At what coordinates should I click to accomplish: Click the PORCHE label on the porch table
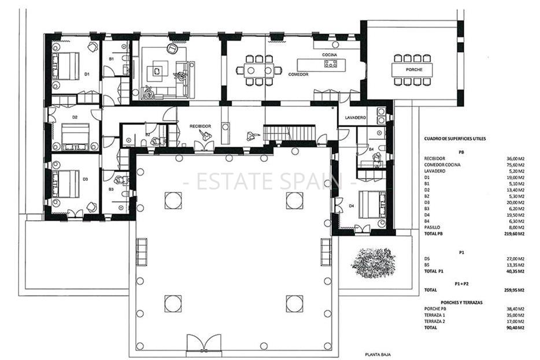point(413,69)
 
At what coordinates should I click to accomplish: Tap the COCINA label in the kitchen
point(330,54)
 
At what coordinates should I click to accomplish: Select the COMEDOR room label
point(298,75)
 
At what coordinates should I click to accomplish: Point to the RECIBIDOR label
point(201,125)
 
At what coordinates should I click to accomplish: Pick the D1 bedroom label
point(87,73)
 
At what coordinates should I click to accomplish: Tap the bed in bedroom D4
point(371,204)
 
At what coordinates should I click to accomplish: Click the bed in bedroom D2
point(76,136)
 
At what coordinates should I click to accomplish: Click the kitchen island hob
point(331,64)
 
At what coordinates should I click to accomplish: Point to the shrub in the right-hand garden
point(373,262)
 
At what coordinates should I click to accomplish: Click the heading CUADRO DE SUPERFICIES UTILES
point(456,139)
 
